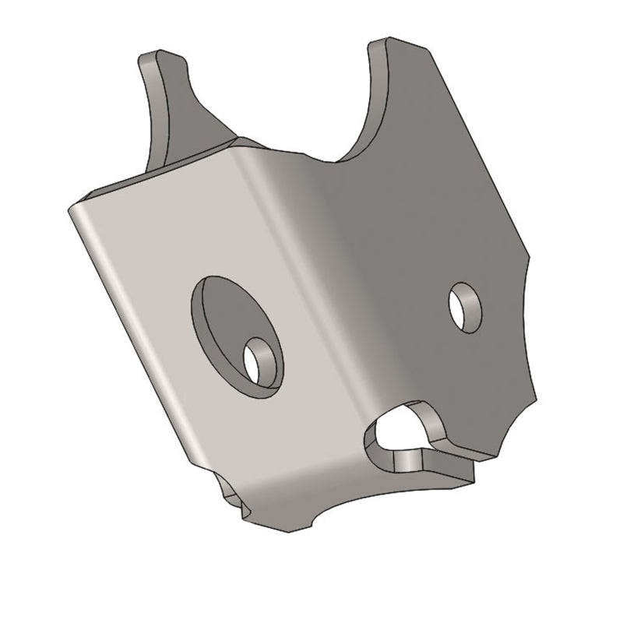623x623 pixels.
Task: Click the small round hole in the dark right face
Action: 465,307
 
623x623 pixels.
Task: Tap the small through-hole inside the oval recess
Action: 258,360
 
